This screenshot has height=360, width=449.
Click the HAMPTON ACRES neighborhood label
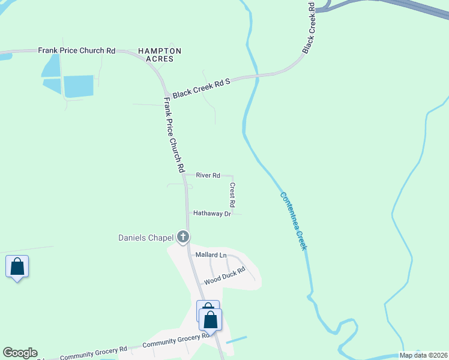160,55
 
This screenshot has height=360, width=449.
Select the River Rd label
208,175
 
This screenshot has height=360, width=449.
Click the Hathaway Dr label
211,214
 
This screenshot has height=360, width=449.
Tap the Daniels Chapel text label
145,238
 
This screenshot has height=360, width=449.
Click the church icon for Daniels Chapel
183,237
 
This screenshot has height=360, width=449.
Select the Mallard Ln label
211,255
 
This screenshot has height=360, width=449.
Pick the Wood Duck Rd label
225,276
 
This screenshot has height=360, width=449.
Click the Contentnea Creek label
294,220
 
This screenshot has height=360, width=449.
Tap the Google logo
20,353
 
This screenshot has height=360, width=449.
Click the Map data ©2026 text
423,355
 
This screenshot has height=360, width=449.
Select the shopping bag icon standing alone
17,267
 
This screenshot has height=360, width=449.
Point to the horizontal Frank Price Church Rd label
76,51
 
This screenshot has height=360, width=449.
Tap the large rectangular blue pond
78,86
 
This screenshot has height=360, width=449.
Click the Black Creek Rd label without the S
310,27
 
